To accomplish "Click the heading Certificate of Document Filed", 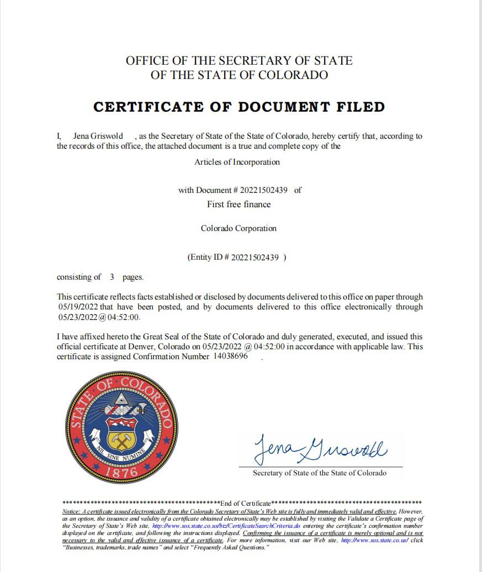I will pyautogui.click(x=239, y=107).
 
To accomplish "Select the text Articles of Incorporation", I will pyautogui.click(x=237, y=162).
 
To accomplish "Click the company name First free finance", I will pyautogui.click(x=239, y=204).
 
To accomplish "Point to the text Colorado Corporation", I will pyautogui.click(x=239, y=228).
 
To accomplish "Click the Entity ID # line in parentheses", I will pyautogui.click(x=237, y=257).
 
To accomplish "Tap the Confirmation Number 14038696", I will pyautogui.click(x=230, y=357).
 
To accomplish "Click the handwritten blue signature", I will pyautogui.click(x=320, y=448).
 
